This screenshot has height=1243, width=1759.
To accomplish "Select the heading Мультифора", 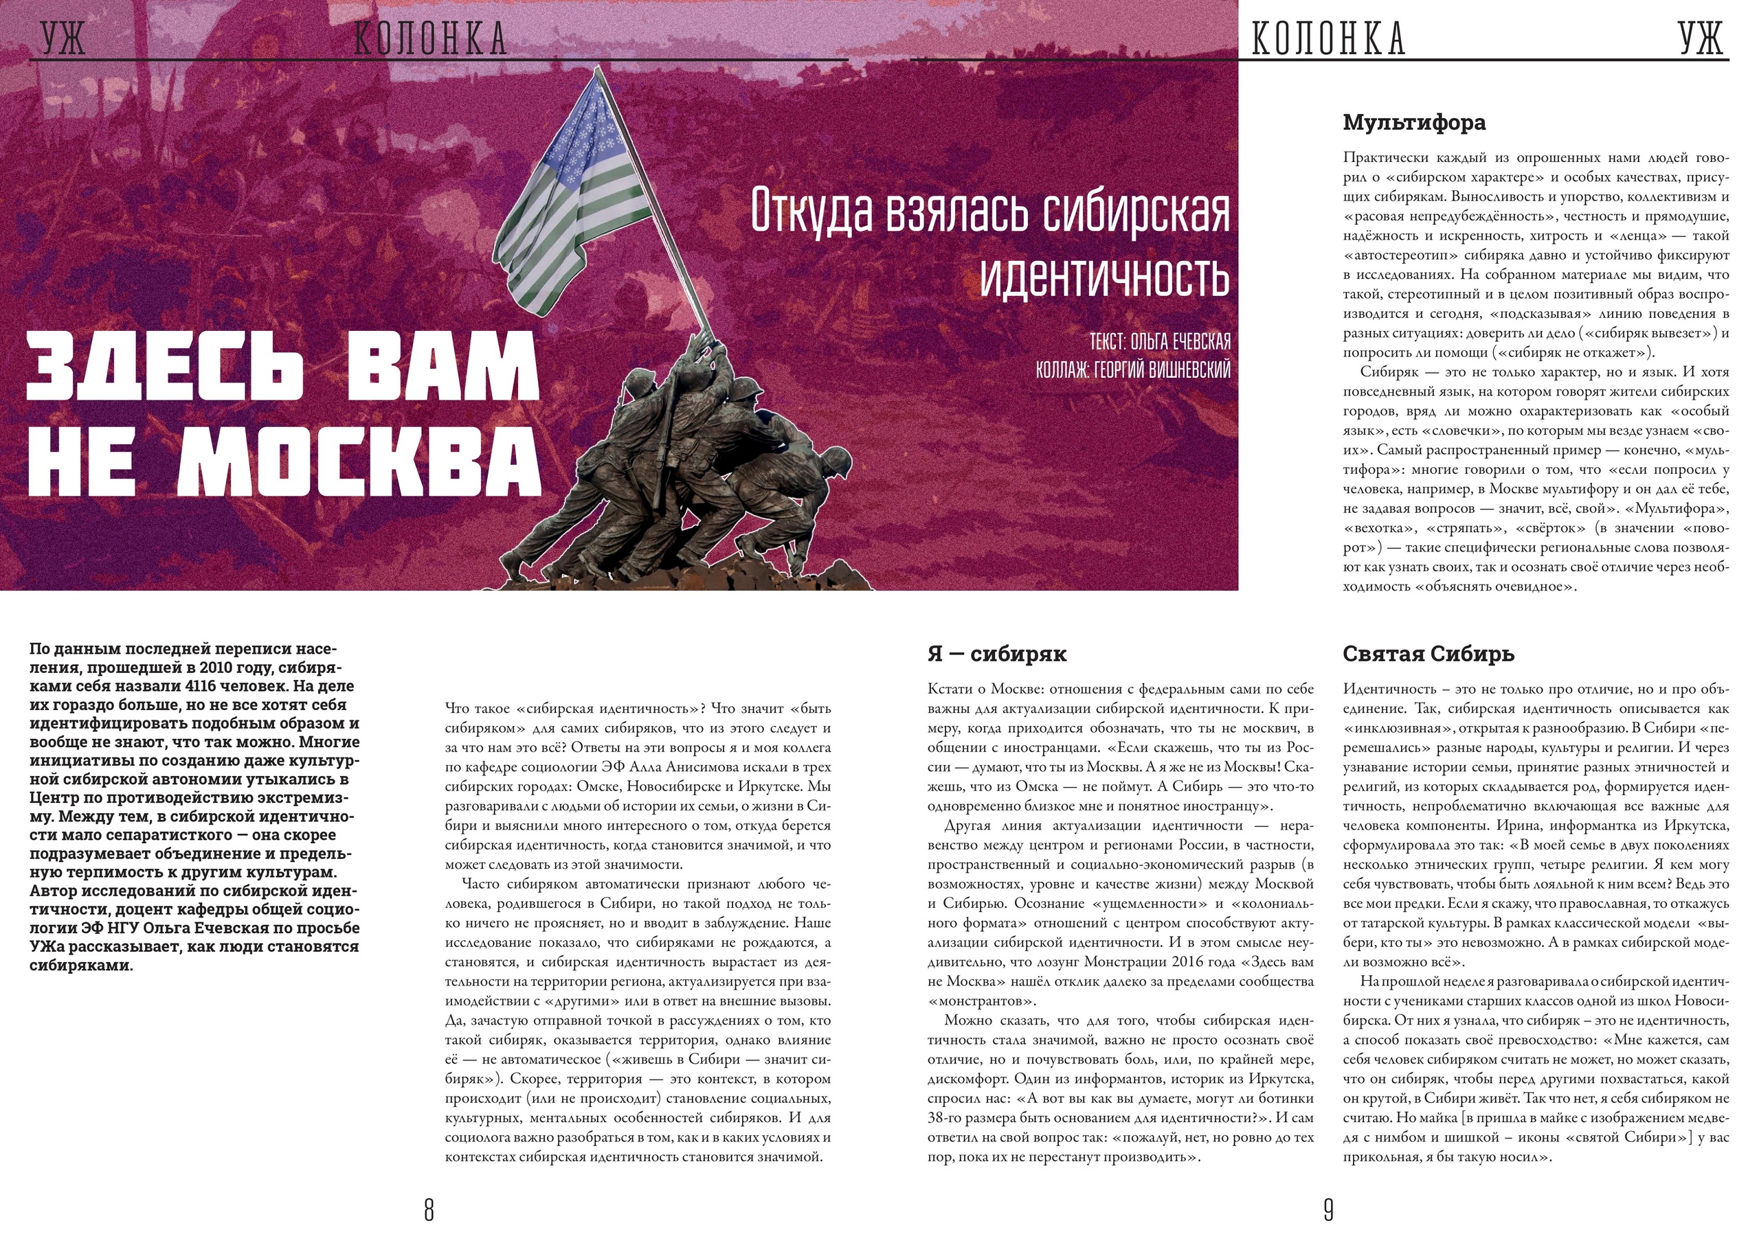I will coord(1413,122).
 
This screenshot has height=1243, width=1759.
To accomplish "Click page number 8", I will coord(429,1210).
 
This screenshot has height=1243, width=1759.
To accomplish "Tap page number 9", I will coord(1328,1210).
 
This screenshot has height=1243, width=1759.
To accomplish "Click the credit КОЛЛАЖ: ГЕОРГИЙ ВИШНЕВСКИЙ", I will coord(1133,370).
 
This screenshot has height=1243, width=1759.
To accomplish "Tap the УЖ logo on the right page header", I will coord(1701,38).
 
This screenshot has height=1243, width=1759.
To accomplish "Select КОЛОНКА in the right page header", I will coord(1328,38).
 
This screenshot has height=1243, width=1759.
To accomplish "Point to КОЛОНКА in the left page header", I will coord(431,38).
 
